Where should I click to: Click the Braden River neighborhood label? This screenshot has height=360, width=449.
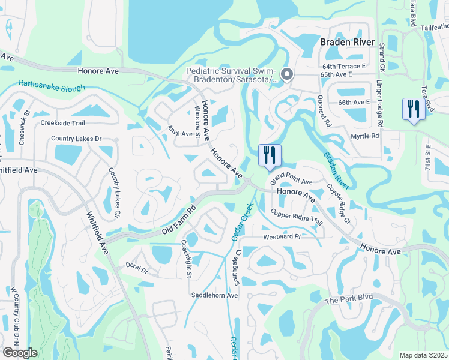pyautogui.click(x=347, y=43)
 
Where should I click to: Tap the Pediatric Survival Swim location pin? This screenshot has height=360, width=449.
pyautogui.click(x=287, y=74)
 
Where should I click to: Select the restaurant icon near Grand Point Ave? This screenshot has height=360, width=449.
pyautogui.click(x=269, y=156)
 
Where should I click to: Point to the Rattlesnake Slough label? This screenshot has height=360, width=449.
pyautogui.click(x=52, y=85)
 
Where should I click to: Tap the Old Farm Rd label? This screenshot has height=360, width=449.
pyautogui.click(x=179, y=221)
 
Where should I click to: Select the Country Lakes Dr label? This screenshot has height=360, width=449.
pyautogui.click(x=76, y=139)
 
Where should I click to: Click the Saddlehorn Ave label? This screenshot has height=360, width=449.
pyautogui.click(x=215, y=295)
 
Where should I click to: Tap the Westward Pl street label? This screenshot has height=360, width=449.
pyautogui.click(x=281, y=237)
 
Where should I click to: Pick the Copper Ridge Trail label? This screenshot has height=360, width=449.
pyautogui.click(x=297, y=216)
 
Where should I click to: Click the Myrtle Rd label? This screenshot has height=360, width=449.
pyautogui.click(x=364, y=136)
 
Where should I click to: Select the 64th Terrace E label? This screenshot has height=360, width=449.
pyautogui.click(x=343, y=66)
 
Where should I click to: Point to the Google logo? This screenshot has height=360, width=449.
pyautogui.click(x=20, y=353)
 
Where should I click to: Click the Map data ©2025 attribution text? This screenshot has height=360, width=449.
pyautogui.click(x=424, y=355)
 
